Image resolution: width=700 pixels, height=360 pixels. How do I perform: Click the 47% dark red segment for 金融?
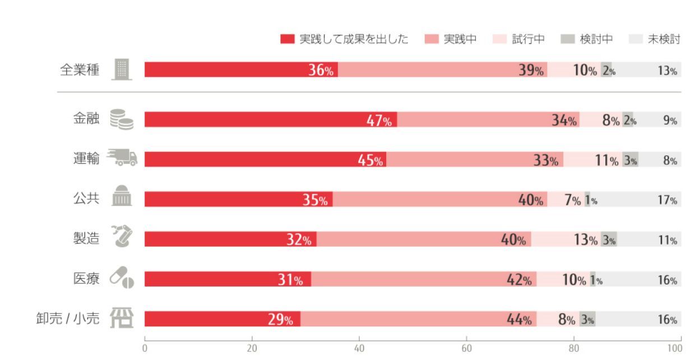point(271,119)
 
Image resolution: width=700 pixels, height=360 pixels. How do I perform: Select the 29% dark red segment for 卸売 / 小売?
point(222,319)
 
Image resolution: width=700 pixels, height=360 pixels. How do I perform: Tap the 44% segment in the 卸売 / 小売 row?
point(419,319)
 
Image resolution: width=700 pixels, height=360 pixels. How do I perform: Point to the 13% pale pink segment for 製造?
point(566,239)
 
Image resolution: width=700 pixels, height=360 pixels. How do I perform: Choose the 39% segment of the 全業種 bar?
point(442,70)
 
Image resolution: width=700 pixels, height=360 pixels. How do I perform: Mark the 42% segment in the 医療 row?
point(424,279)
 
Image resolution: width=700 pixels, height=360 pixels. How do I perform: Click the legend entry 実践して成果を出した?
point(344,39)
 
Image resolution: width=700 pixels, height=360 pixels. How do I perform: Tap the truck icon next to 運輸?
point(122,158)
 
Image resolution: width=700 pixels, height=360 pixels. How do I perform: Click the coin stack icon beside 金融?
point(122,119)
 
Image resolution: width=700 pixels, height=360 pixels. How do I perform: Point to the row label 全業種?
point(80,70)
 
